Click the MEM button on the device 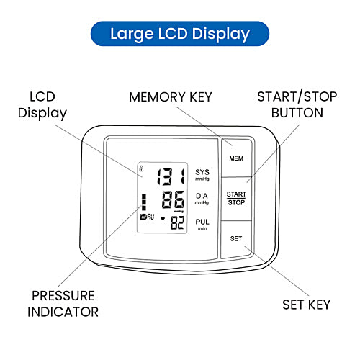(235, 157)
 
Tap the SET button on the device (235, 238)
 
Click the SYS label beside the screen (202, 171)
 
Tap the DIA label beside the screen (202, 196)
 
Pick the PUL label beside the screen (202, 220)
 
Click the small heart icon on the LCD (162, 218)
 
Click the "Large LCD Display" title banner (180, 33)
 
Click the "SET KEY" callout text (307, 305)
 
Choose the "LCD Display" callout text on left (48, 104)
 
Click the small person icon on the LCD (142, 170)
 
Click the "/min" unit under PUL (202, 228)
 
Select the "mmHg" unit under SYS (202, 179)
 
